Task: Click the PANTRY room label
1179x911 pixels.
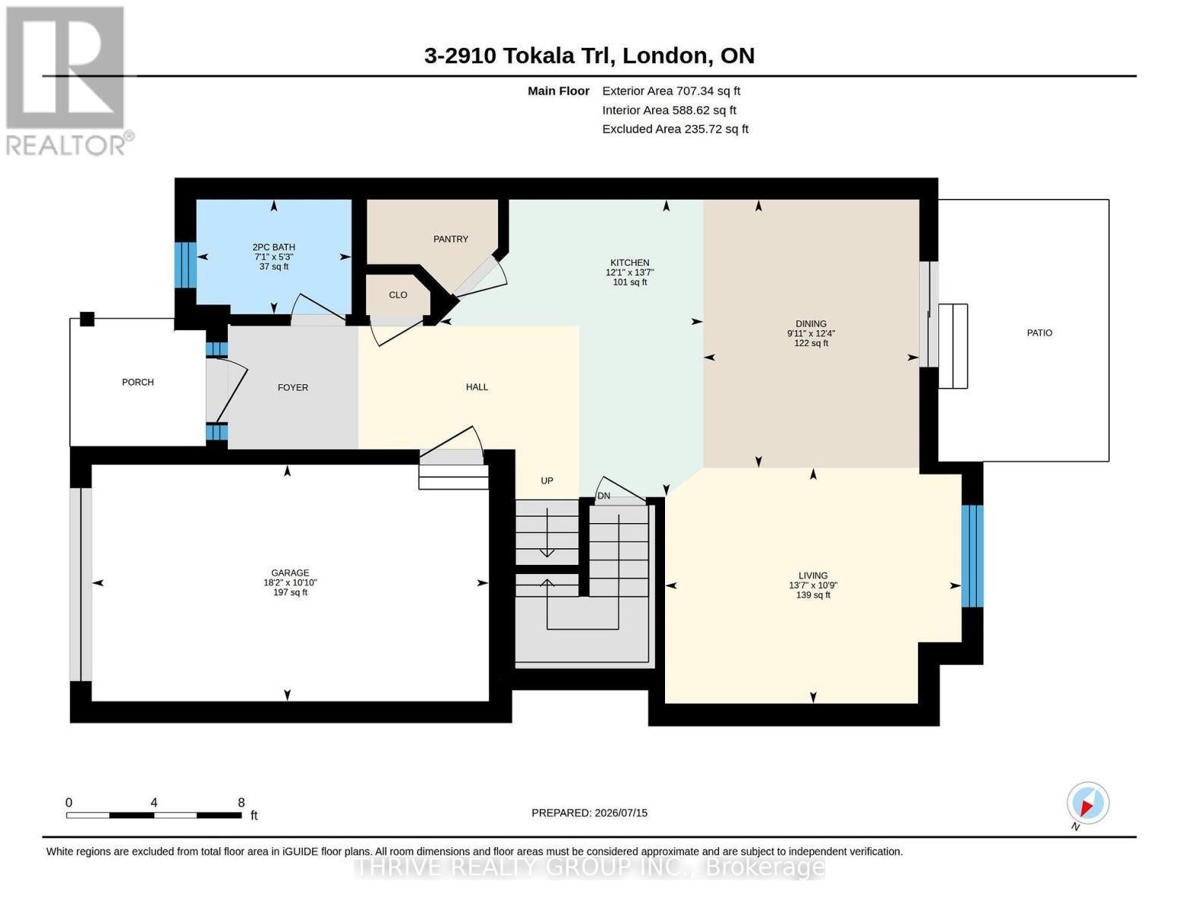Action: pos(450,238)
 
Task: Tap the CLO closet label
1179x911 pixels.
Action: pos(398,295)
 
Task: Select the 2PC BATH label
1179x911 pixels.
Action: pos(273,247)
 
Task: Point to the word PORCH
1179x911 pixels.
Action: pos(138,382)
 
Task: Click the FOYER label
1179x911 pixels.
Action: pos(292,387)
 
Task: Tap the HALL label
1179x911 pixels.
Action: pos(477,387)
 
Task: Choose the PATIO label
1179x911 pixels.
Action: pos(1039,333)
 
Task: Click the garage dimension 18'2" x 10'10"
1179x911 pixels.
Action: pos(290,582)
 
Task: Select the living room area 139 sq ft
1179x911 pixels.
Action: pos(813,594)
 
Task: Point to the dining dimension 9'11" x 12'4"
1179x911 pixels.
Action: pos(811,333)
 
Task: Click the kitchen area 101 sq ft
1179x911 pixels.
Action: pos(629,282)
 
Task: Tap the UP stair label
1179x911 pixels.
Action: pos(547,481)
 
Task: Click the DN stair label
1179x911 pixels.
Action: pos(604,496)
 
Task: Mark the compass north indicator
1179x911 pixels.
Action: pos(1088,803)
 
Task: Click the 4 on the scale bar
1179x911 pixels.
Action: pos(154,802)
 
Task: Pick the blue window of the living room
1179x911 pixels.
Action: pos(973,556)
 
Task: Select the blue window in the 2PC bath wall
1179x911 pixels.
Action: pos(185,265)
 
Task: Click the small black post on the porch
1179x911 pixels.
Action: pos(87,319)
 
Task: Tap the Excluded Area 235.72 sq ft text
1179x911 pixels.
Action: pos(675,129)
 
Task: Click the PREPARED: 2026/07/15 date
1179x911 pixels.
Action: pos(589,813)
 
